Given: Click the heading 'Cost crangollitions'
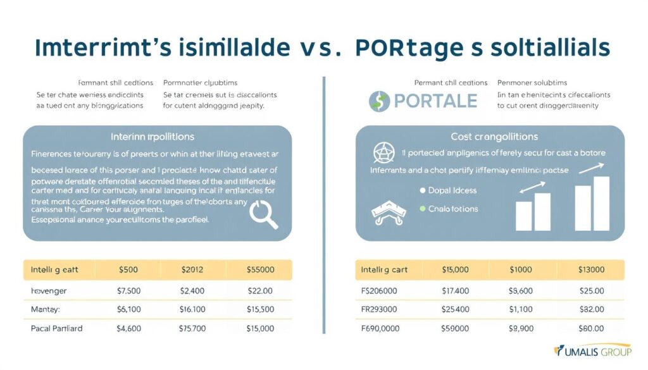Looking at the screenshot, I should [494, 137].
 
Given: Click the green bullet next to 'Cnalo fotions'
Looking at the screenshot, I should [422, 209].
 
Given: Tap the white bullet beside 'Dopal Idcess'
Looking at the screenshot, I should [422, 190].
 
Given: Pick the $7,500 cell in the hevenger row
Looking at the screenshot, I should [128, 291].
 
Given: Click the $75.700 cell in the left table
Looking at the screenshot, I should [192, 329].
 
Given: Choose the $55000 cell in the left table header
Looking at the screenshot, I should [259, 269].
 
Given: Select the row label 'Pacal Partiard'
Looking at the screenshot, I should [57, 329].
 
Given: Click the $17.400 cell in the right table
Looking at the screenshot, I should [455, 291].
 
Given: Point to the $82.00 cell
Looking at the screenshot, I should [590, 310].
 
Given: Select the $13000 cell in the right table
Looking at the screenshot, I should [590, 269].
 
